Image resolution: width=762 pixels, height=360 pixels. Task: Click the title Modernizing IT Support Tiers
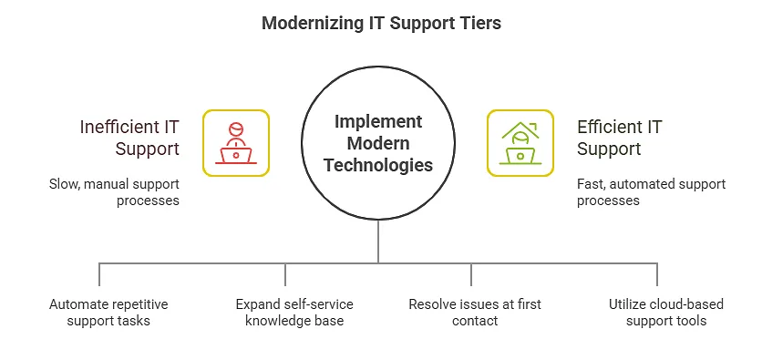click(x=381, y=24)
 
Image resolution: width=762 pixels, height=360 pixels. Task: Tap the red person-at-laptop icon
click(x=236, y=143)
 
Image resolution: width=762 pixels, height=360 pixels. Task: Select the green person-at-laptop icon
click(x=520, y=143)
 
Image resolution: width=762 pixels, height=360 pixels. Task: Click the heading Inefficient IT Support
click(x=129, y=138)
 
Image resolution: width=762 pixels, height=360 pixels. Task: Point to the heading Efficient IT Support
click(x=619, y=138)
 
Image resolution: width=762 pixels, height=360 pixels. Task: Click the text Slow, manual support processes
click(x=114, y=192)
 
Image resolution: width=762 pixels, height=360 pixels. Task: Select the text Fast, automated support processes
click(x=651, y=192)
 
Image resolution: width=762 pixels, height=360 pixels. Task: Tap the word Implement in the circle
click(x=378, y=122)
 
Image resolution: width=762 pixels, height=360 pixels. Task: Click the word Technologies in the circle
click(x=378, y=165)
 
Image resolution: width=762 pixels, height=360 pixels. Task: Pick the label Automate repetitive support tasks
click(x=108, y=312)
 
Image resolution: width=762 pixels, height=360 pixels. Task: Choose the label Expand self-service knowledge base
click(x=286, y=312)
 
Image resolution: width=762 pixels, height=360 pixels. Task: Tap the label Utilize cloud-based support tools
click(x=657, y=312)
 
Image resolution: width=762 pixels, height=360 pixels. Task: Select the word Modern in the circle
click(x=378, y=144)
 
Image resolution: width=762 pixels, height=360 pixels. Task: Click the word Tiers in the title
click(x=481, y=24)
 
